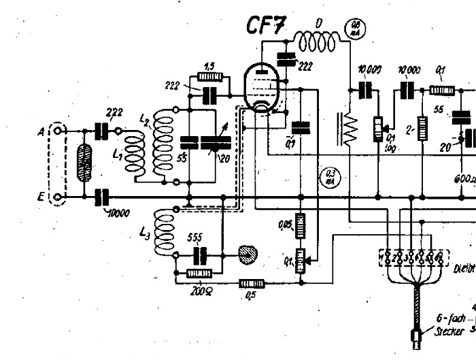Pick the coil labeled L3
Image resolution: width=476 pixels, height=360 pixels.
point(165,231)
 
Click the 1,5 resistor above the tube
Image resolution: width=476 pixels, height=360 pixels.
point(208,76)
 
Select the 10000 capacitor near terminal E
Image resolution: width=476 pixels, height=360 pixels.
point(102,197)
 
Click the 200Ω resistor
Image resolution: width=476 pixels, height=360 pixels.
point(200,274)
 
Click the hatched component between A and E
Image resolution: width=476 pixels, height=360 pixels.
point(84,164)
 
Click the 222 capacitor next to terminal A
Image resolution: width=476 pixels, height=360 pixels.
point(103,130)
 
